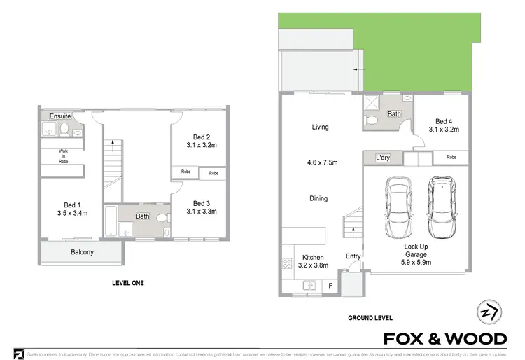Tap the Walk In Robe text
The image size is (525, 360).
(62, 155)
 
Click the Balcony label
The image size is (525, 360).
(82, 252)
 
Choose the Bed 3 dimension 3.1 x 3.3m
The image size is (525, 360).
(202, 212)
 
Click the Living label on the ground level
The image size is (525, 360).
(320, 127)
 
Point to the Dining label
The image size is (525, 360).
(318, 199)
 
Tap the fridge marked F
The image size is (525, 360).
(330, 286)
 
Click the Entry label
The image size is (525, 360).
(353, 256)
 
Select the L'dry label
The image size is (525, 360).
(383, 158)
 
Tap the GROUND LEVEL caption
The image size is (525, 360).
(370, 318)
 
